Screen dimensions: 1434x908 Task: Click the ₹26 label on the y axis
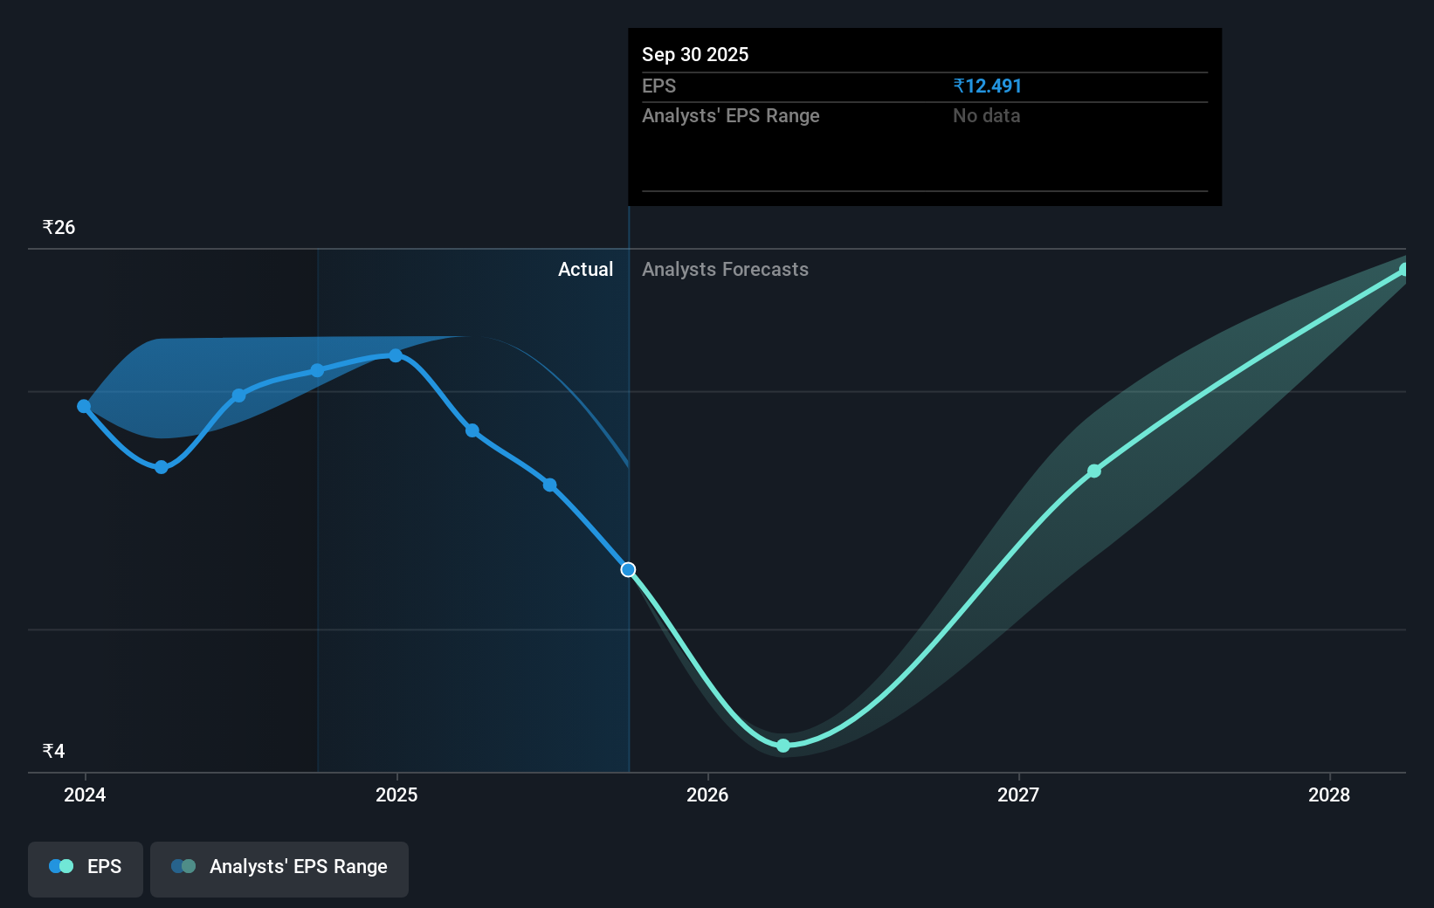pos(59,227)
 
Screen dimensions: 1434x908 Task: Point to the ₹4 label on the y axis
pos(54,751)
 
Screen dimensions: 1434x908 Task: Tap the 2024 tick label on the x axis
pos(85,794)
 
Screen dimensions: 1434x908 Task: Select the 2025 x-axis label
pos(396,794)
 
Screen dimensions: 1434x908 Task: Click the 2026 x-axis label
pos(707,794)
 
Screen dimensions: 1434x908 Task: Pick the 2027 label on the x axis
pos(1018,794)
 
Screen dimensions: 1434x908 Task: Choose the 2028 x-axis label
pos(1329,794)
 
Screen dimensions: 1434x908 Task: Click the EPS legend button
pos(85,869)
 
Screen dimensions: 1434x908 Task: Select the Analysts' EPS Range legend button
pos(279,869)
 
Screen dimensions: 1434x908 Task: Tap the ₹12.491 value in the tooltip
pos(987,86)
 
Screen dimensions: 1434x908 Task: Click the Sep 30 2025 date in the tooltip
pos(695,54)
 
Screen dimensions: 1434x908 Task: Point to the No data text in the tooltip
pos(987,116)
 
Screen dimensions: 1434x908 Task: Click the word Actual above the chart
pos(586,270)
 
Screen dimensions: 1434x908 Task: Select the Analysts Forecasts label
pos(726,270)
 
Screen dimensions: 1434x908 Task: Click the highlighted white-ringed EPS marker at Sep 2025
pos(628,569)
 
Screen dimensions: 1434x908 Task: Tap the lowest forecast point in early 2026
pos(783,746)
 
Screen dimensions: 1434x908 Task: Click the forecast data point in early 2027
pos(1094,471)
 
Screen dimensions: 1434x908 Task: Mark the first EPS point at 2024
pos(84,406)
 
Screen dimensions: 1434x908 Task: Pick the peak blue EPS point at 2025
pos(396,355)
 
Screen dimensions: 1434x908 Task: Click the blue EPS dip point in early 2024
pos(162,467)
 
